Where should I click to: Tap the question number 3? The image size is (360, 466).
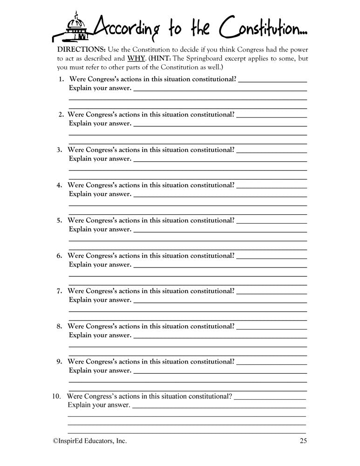click(x=60, y=150)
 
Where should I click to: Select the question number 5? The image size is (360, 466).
click(x=60, y=220)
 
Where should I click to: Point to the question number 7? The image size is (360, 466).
click(x=60, y=291)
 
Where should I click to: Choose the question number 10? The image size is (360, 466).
click(x=56, y=397)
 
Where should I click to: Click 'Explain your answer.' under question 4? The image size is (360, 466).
click(x=100, y=194)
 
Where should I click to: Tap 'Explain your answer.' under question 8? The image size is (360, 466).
click(x=100, y=335)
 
